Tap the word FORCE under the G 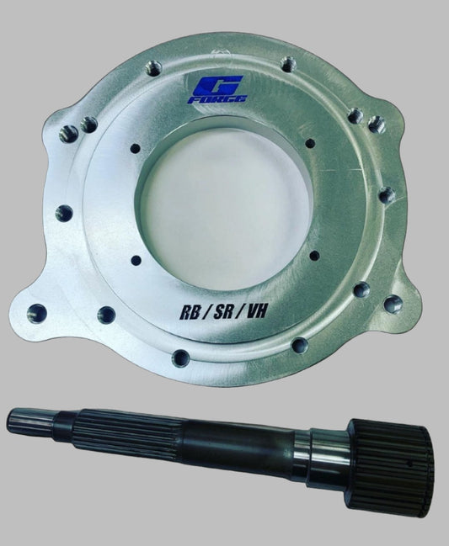pyautogui.click(x=217, y=99)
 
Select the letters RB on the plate pyautogui.click(x=191, y=312)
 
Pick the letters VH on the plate pyautogui.click(x=256, y=310)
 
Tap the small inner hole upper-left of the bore pyautogui.click(x=136, y=149)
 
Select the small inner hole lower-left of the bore pyautogui.click(x=136, y=260)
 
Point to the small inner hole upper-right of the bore pyautogui.click(x=310, y=143)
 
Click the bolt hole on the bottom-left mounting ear pyautogui.click(x=37, y=314)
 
